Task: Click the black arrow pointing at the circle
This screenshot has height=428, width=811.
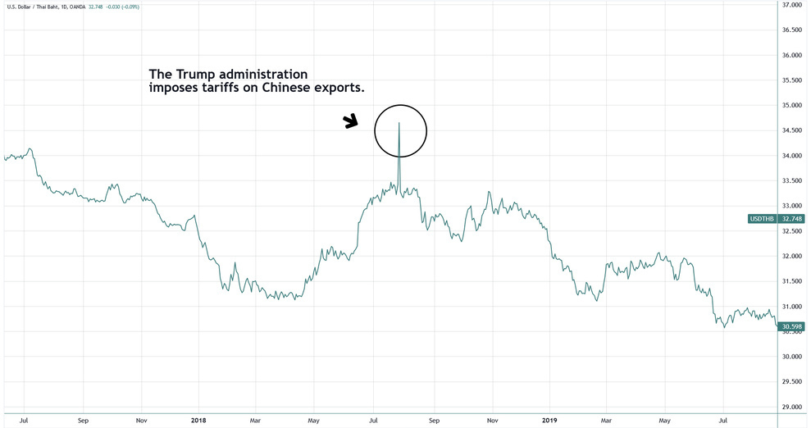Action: pos(351,121)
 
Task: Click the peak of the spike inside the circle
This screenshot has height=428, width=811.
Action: pos(399,123)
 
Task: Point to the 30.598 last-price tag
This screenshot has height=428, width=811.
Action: pos(791,326)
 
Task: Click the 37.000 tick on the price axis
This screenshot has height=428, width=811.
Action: pos(791,5)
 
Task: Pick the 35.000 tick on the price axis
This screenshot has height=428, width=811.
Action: pos(791,106)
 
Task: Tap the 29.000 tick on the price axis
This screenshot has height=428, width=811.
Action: pos(791,408)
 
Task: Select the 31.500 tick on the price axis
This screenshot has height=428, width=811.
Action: pos(791,281)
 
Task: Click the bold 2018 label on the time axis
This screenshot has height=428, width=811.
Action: pos(198,420)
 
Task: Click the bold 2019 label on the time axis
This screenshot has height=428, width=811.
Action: pos(549,420)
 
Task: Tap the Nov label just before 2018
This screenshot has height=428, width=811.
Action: pos(141,420)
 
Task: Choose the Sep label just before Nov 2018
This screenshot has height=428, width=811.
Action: pos(434,420)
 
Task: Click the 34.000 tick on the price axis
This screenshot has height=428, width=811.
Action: pos(791,156)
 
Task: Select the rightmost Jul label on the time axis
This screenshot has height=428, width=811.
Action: pos(724,420)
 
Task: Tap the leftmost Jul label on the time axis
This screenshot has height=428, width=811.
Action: pos(24,420)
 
